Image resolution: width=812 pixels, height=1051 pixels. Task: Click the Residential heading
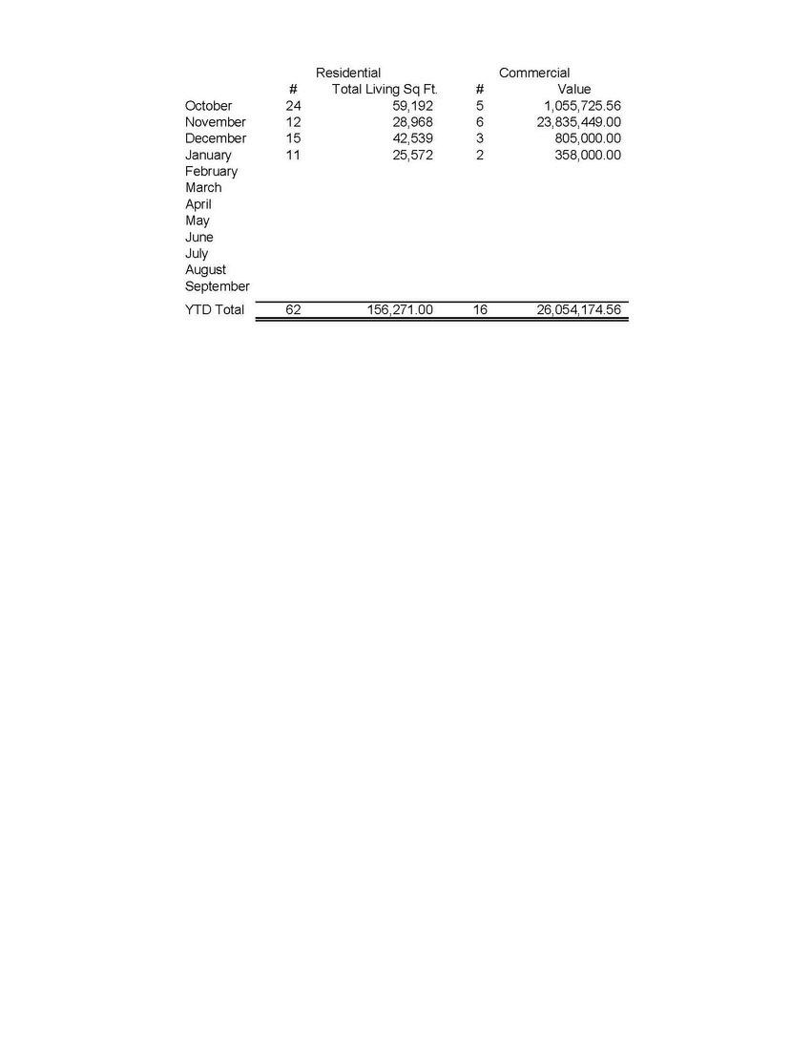coord(348,73)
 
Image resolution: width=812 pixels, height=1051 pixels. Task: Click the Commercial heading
coord(534,73)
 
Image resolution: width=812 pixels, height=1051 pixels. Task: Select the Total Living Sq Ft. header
coord(385,89)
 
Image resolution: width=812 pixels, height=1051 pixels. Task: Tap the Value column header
coord(574,89)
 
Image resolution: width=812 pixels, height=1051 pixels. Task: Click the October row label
coord(208,106)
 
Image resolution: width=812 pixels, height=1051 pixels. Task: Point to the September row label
coord(218,286)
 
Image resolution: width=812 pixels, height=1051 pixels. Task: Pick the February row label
coord(211,172)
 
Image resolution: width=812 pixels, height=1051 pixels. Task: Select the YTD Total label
coord(215,310)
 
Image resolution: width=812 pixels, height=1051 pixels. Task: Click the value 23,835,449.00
coord(573,122)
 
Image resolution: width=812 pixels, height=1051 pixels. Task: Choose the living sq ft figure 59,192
coord(413,106)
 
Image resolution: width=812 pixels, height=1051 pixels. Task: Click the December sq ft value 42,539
coord(413,138)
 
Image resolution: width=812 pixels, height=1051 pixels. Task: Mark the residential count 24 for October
coord(293,106)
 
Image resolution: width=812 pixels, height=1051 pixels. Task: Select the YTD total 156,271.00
coord(400,310)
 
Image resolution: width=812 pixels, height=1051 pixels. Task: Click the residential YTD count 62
coord(293,310)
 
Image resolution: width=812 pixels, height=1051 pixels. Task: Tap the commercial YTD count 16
coord(480,310)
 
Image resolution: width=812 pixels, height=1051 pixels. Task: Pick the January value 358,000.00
coord(588,155)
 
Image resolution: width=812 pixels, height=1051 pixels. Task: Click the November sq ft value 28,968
coord(413,122)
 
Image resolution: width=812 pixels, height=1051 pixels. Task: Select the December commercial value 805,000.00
coord(588,138)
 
